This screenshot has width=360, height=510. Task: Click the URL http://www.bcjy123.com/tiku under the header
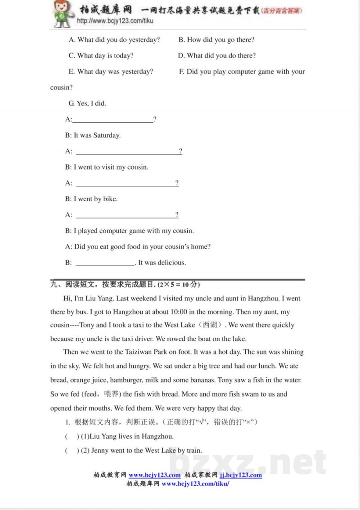(x=115, y=21)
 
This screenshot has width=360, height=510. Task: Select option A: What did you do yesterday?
(x=114, y=40)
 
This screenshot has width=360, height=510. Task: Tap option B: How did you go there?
(x=216, y=40)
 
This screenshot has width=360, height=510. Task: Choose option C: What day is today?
(x=101, y=56)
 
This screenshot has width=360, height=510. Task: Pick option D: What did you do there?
(x=217, y=56)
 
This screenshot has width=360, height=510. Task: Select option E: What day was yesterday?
(x=111, y=72)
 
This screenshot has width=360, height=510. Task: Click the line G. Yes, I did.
(x=87, y=103)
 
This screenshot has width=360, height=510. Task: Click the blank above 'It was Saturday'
(x=112, y=120)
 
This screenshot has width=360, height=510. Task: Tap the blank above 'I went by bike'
(x=126, y=183)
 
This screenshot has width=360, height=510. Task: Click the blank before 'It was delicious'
(x=105, y=263)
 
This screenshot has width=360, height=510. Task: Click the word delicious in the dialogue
(x=171, y=263)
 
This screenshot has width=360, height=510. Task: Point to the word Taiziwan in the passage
(x=130, y=352)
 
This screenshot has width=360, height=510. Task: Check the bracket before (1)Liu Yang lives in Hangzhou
(x=72, y=436)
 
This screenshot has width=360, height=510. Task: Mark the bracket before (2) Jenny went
(x=72, y=450)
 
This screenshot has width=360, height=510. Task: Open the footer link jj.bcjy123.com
(x=241, y=475)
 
